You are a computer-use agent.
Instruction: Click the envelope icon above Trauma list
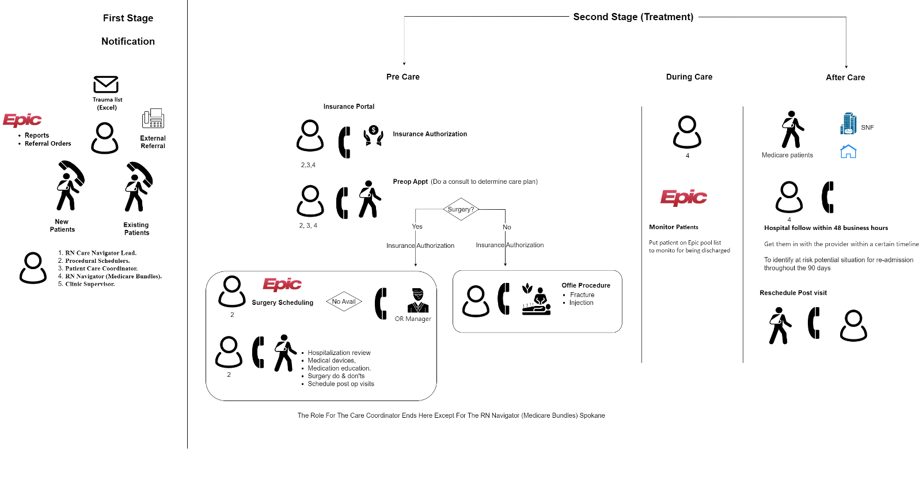coord(106,85)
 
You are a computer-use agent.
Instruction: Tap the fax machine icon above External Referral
coord(153,119)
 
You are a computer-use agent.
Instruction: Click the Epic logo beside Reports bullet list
coord(22,120)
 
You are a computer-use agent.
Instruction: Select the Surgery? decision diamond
coord(461,209)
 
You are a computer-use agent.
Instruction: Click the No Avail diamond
coord(344,301)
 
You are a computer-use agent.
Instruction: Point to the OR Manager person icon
coord(417,300)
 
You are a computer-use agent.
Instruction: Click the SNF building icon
coord(848,124)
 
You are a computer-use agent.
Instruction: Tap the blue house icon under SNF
coord(848,152)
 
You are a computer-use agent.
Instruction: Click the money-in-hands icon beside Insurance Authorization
coord(373,135)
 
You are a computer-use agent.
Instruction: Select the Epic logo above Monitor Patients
coord(683,197)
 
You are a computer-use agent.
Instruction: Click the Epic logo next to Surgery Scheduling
coord(282,284)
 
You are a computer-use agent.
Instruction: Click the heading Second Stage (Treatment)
coord(633,17)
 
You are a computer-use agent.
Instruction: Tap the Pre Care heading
coord(403,77)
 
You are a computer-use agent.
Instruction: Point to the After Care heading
coord(845,77)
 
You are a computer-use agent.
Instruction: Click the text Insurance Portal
coord(349,107)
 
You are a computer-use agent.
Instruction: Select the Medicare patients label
coord(787,155)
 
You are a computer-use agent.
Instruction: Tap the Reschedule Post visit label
coord(793,293)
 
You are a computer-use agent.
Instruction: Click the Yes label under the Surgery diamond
coord(417,226)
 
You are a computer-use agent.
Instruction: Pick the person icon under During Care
coord(687,132)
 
